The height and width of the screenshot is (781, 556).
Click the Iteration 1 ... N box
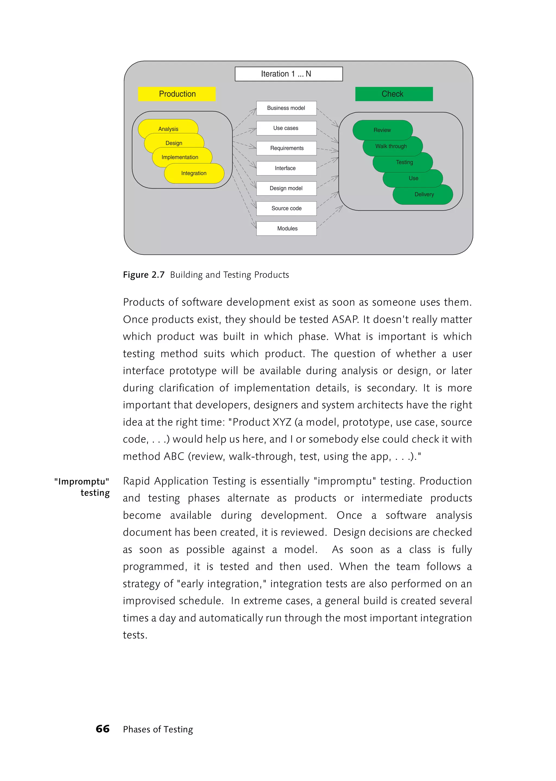pyautogui.click(x=289, y=74)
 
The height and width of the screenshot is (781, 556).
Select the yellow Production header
pyautogui.click(x=177, y=94)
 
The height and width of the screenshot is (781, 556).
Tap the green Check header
pyautogui.click(x=394, y=94)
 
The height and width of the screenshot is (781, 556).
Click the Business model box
pyautogui.click(x=286, y=108)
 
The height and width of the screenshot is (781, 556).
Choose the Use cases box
pyautogui.click(x=286, y=128)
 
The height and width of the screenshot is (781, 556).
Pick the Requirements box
pyautogui.click(x=286, y=148)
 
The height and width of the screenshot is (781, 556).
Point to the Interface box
pyautogui.click(x=286, y=168)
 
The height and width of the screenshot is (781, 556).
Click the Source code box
pyautogui.click(x=286, y=208)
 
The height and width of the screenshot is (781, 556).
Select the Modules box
pyautogui.click(x=286, y=228)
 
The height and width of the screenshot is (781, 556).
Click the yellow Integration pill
pyautogui.click(x=194, y=173)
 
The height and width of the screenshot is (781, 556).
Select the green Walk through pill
pyautogui.click(x=391, y=147)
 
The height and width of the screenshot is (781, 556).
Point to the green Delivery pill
pyautogui.click(x=424, y=194)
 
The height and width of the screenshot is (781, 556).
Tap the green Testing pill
pyautogui.click(x=404, y=162)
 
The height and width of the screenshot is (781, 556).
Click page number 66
pyautogui.click(x=103, y=729)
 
